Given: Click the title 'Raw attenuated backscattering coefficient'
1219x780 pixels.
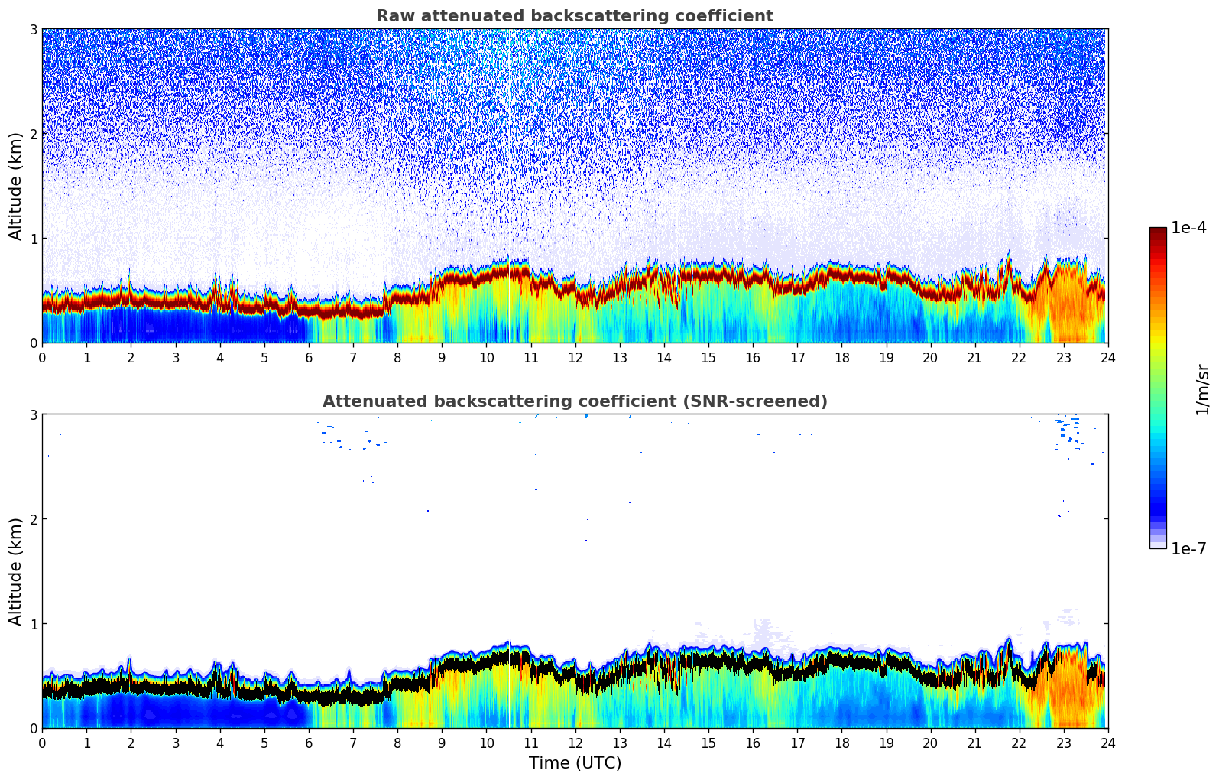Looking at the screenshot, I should tap(574, 16).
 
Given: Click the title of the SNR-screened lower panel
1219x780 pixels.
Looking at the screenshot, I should tap(574, 401).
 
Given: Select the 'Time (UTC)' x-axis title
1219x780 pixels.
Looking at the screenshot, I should tap(575, 763).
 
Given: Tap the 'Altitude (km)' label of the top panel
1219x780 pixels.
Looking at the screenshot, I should tap(15, 186).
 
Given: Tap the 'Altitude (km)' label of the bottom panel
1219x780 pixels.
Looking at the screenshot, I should tap(15, 571).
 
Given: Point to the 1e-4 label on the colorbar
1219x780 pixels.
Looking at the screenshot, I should tap(1188, 228).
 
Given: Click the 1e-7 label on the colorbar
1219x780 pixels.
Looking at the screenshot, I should tap(1188, 548).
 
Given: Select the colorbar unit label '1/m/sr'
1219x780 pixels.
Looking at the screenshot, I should tap(1202, 389).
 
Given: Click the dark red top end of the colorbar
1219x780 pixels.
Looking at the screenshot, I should tap(1158, 231).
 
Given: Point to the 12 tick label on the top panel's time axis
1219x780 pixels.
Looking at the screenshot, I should tap(575, 358).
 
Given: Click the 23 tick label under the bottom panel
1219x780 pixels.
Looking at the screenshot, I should tap(1063, 743).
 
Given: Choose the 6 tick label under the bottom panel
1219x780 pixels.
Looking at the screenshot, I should tap(309, 743).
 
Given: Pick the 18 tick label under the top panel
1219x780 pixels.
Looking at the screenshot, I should tap(841, 358).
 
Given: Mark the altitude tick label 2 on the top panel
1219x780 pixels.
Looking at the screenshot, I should tap(33, 134).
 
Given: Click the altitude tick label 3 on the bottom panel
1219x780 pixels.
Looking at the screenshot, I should tap(33, 414).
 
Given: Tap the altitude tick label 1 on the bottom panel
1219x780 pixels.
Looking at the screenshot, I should tap(33, 624).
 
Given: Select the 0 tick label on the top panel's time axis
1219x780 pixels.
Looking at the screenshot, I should tap(42, 358).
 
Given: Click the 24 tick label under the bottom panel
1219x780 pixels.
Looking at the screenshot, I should tap(1107, 743).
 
